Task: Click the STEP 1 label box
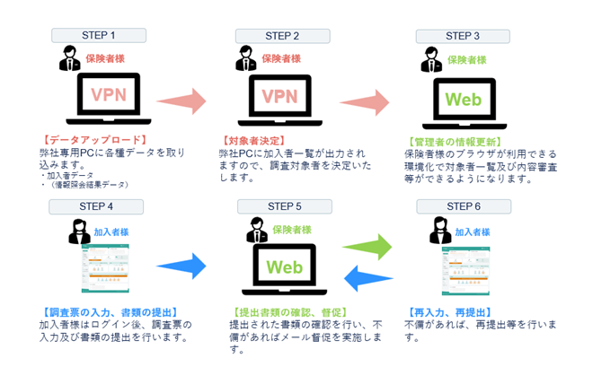(x=98, y=36)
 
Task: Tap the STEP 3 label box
(x=462, y=36)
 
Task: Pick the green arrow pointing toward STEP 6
(x=369, y=245)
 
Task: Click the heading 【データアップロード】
(x=94, y=141)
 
